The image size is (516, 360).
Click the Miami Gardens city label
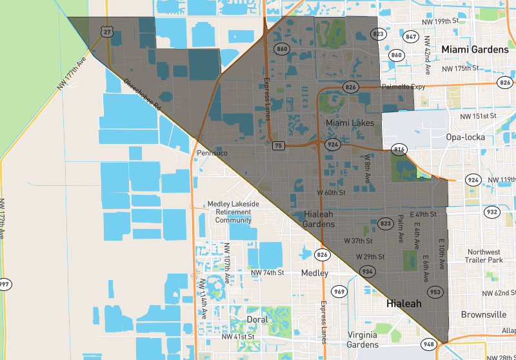coord(475,50)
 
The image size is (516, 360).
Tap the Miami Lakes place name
coord(350,123)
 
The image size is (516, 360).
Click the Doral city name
coord(257,319)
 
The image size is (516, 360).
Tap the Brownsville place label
coord(484,315)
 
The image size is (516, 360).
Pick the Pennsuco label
coord(213,154)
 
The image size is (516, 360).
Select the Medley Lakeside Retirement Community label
coord(233,212)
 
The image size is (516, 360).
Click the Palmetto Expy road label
coord(404,86)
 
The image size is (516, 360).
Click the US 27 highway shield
coord(107,32)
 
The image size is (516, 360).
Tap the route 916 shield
coord(399,150)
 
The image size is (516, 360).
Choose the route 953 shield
coord(435,292)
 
